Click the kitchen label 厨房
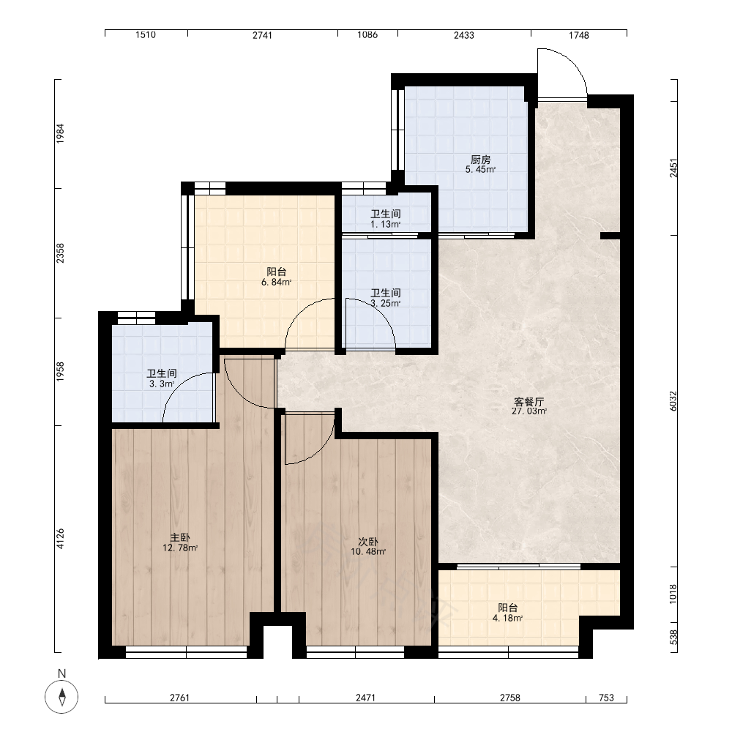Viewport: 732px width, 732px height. pyautogui.click(x=480, y=160)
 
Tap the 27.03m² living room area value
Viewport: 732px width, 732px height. pyautogui.click(x=529, y=411)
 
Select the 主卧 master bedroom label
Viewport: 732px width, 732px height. pyautogui.click(x=180, y=538)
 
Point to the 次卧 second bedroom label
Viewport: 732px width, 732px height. pyautogui.click(x=368, y=542)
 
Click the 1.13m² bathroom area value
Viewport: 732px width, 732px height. pyautogui.click(x=386, y=224)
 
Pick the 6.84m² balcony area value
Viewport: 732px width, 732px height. pyautogui.click(x=277, y=282)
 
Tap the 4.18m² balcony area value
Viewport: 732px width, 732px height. pyautogui.click(x=507, y=618)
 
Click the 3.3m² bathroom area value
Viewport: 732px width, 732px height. pyautogui.click(x=162, y=384)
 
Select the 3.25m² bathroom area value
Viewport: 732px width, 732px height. pyautogui.click(x=386, y=303)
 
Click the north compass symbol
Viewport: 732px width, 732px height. pyautogui.click(x=61, y=697)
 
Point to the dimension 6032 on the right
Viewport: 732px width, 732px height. pyautogui.click(x=673, y=400)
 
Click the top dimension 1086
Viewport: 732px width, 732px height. pyautogui.click(x=367, y=35)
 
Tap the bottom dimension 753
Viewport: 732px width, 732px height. pyautogui.click(x=606, y=698)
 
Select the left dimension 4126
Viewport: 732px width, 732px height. pyautogui.click(x=60, y=539)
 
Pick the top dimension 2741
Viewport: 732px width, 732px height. pyautogui.click(x=262, y=35)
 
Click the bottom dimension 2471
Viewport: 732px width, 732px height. pyautogui.click(x=365, y=698)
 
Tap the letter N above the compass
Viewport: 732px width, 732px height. pyautogui.click(x=61, y=673)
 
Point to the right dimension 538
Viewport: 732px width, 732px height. pyautogui.click(x=673, y=638)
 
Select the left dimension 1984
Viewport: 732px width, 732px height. pyautogui.click(x=60, y=133)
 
